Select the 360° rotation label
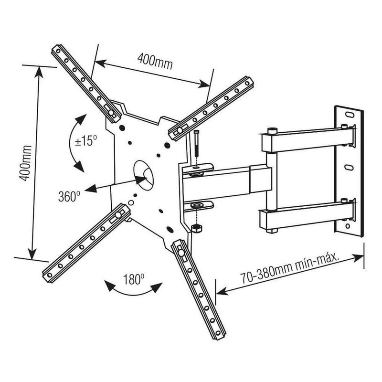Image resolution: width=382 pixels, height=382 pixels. (x=69, y=196)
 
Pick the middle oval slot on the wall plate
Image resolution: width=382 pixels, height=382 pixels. (x=350, y=168)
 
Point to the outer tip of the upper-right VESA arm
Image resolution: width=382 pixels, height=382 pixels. (x=248, y=83)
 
